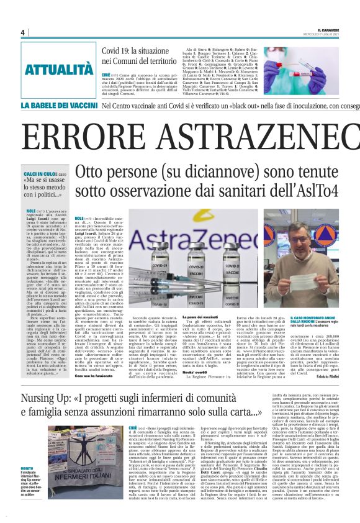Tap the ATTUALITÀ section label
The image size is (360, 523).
click(58, 69)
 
